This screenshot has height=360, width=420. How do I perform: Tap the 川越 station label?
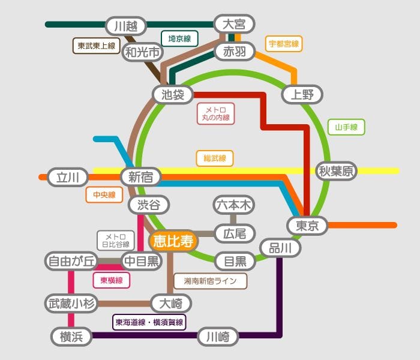[126, 26]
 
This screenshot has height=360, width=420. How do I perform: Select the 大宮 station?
[234, 25]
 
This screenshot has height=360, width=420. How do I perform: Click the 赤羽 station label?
[235, 52]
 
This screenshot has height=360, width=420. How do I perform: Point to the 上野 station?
[302, 94]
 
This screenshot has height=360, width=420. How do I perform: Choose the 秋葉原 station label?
[337, 172]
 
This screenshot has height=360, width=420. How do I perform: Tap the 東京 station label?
[307, 226]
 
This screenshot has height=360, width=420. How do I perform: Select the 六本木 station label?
[235, 205]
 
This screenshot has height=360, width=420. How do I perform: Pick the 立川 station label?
[68, 178]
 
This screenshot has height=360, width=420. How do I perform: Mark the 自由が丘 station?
[71, 261]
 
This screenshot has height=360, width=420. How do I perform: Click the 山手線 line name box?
[346, 127]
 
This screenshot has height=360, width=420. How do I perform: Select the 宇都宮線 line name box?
[284, 44]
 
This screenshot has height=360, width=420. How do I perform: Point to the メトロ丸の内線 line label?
[215, 114]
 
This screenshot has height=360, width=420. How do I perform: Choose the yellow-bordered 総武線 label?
[214, 158]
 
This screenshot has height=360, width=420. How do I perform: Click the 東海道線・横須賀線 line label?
[149, 322]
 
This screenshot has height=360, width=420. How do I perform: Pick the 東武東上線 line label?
[97, 46]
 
